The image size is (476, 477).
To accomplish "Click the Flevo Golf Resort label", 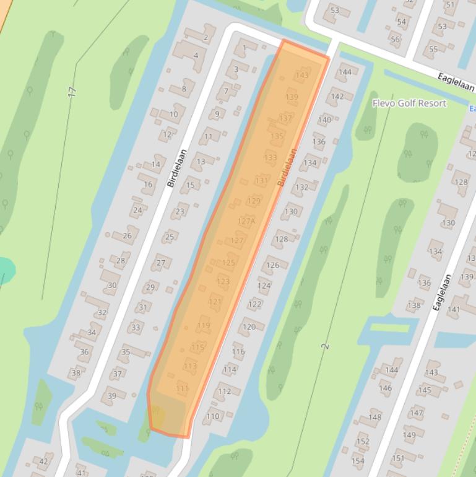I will point(409,103).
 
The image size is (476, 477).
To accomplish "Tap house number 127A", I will point(246,221).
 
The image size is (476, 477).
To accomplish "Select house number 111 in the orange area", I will point(182,389).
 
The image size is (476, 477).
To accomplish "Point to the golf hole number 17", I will point(72,92).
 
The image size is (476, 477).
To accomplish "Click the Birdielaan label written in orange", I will point(287,167).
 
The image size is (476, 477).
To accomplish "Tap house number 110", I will point(213,416).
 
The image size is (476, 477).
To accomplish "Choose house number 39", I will point(111,396).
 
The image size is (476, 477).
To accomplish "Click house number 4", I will point(196,55).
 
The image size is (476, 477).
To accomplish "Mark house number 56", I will point(395,39).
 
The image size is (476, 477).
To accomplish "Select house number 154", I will point(358,461).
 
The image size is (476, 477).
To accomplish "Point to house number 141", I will point(454,309).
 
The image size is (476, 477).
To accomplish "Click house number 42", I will point(43,462).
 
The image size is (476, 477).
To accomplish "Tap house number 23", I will point(180,211).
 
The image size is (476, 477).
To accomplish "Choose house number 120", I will point(249,327).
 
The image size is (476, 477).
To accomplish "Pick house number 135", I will point(277,136).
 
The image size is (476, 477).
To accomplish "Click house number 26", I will point(127,235).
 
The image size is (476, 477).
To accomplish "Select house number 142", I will point(337,96).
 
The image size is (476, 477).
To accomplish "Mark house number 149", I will point(409,435).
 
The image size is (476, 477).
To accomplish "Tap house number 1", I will point(244,48).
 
